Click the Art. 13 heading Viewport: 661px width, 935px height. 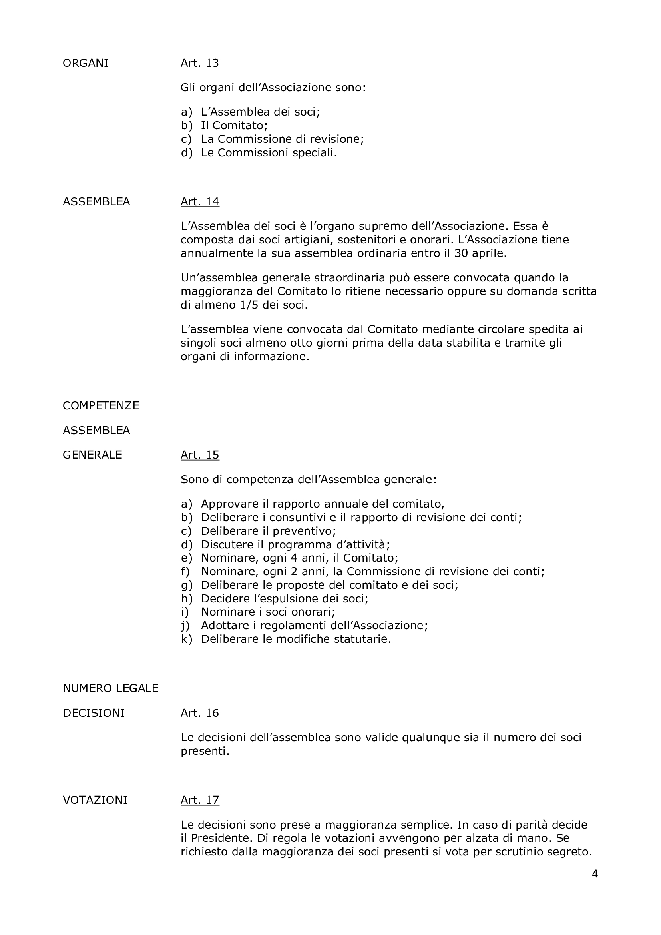click(200, 63)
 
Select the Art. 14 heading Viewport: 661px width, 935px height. click(200, 201)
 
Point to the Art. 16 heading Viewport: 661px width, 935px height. click(200, 713)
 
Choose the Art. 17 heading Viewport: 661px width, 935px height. click(200, 800)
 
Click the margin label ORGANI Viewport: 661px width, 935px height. click(86, 63)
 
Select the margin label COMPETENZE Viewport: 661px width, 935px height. click(101, 406)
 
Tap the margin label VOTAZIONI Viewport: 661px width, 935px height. click(95, 800)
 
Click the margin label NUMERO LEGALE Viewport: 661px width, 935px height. click(110, 688)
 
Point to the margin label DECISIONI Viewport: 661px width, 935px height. click(94, 713)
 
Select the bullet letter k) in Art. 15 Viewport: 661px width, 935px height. click(186, 639)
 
